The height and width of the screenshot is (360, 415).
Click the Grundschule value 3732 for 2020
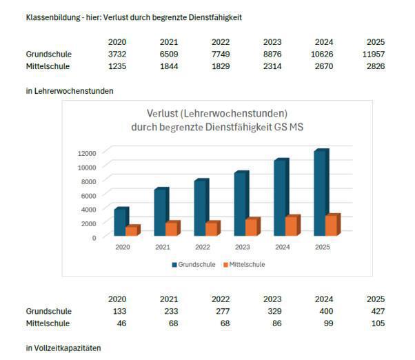117,54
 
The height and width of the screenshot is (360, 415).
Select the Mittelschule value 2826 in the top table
375,66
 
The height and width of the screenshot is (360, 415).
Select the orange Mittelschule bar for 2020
131,231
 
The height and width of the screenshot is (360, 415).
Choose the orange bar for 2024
291,226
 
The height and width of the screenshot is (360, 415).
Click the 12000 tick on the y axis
86,152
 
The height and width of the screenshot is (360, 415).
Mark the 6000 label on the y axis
88,195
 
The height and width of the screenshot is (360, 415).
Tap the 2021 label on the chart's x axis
163,247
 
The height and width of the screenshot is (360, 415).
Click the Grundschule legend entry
193,264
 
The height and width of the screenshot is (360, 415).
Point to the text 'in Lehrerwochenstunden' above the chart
69,90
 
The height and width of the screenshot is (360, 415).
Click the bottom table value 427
375,311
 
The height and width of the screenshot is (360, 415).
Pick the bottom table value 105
375,323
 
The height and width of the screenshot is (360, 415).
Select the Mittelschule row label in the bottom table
48,323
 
